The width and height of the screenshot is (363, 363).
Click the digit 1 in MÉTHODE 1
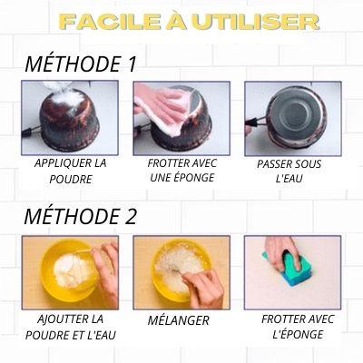(x=132, y=64)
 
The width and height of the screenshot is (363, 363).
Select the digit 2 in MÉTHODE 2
(x=132, y=216)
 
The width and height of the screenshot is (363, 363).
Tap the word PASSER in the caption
(x=271, y=164)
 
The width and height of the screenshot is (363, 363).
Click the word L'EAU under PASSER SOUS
(x=289, y=178)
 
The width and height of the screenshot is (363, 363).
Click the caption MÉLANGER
(x=179, y=320)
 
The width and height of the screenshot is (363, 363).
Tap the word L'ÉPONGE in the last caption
(x=298, y=334)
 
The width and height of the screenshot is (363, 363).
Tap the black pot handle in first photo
(x=30, y=132)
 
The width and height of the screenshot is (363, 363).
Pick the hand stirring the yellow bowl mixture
(x=203, y=289)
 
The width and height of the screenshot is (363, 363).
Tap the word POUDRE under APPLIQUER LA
(x=71, y=179)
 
